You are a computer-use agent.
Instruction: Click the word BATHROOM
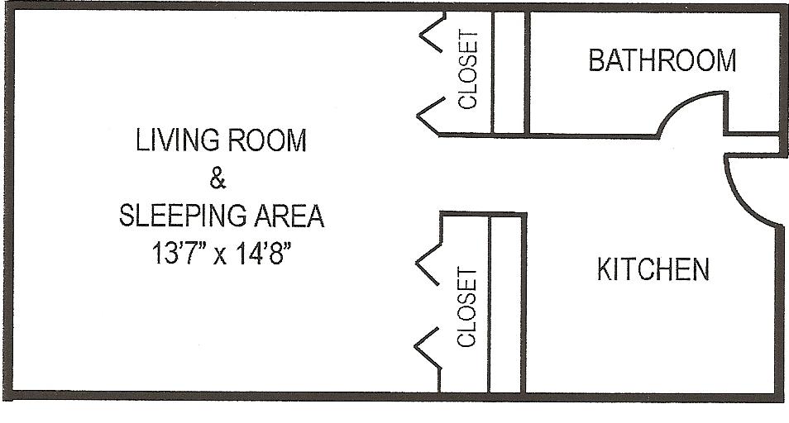tap(662, 60)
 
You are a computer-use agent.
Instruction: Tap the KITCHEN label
tap(653, 269)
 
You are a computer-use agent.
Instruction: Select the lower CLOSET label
tap(468, 307)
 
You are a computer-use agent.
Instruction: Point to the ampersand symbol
tap(219, 178)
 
